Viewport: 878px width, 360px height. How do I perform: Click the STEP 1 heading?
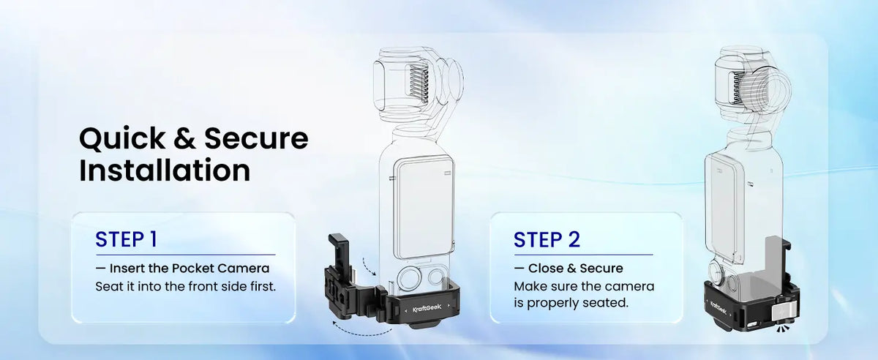[x=126, y=239]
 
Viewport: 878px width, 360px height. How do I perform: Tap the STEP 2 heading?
[x=547, y=239]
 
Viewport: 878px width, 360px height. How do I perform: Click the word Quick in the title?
[x=122, y=139]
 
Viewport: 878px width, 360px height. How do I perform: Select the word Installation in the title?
[x=165, y=170]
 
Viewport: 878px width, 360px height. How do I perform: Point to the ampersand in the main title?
[x=184, y=138]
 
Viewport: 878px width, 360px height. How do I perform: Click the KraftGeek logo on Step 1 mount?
[x=427, y=308]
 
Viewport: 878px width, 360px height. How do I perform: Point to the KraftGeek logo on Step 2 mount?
[x=718, y=307]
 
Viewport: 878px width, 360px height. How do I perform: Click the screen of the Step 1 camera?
[x=424, y=209]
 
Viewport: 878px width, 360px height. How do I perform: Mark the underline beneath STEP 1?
[x=185, y=255]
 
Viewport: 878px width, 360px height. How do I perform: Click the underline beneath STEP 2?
[x=584, y=255]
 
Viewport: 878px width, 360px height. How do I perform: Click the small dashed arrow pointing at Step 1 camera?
[x=369, y=266]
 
